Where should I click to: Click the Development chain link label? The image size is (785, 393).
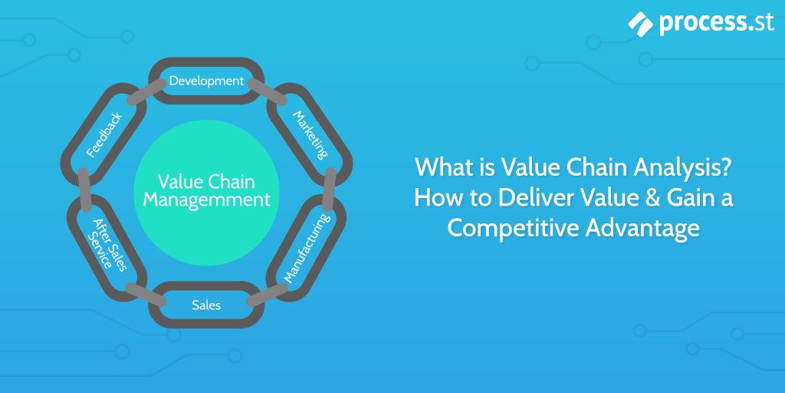pyautogui.click(x=206, y=81)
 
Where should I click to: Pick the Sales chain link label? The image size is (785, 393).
pyautogui.click(x=206, y=305)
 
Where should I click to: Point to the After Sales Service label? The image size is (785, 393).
pyautogui.click(x=108, y=245)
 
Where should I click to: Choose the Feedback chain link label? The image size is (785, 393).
pyautogui.click(x=104, y=134)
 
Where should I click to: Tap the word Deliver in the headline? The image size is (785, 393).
pyautogui.click(x=521, y=197)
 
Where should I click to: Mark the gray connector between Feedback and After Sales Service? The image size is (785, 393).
pyautogui.click(x=84, y=188)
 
